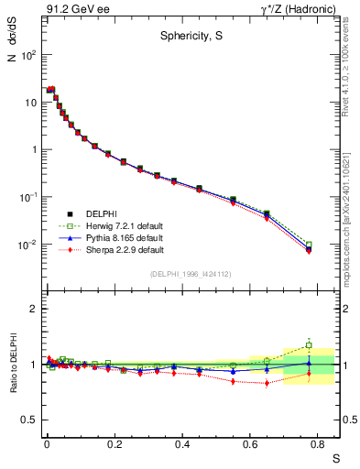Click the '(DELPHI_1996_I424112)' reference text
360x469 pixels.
point(191,274)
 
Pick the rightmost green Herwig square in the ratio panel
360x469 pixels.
point(309,345)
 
